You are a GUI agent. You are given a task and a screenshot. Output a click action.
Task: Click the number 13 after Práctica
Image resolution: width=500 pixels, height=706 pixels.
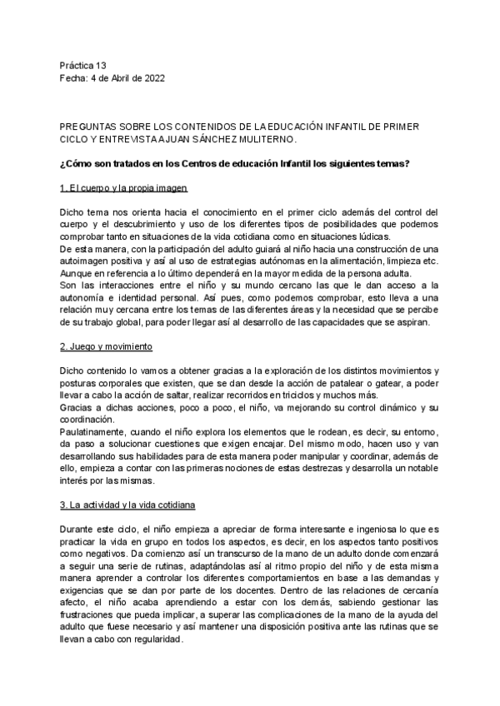tap(101, 65)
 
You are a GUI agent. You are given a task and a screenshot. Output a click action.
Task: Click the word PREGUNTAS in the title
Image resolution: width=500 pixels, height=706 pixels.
tap(86, 125)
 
